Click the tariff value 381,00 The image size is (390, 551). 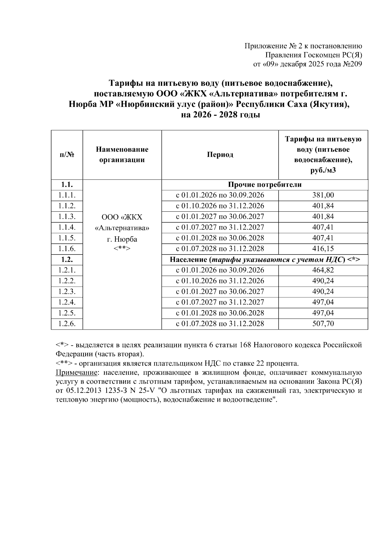323,195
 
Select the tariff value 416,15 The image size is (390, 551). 323,249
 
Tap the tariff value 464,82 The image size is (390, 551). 323,270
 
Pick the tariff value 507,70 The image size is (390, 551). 323,324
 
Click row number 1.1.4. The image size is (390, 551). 67,227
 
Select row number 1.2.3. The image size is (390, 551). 67,292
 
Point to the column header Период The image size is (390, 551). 220,155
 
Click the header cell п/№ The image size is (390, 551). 67,155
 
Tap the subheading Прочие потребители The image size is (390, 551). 265,185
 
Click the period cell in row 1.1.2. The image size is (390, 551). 220,206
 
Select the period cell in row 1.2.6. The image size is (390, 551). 220,324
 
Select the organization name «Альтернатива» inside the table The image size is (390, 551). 122,228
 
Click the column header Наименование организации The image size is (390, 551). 122,155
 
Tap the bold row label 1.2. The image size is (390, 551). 67,259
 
